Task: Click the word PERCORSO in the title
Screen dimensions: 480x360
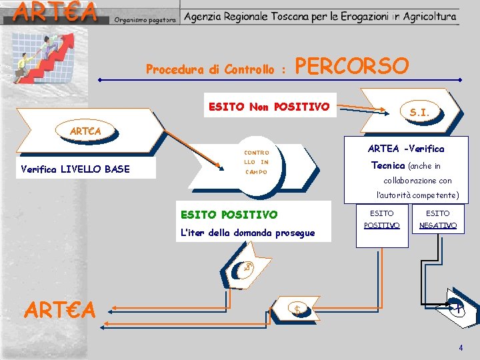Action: tap(351, 67)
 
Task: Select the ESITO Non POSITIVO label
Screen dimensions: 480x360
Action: tap(269, 106)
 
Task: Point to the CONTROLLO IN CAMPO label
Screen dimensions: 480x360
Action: tap(255, 162)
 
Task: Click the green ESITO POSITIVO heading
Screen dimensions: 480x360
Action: tap(229, 215)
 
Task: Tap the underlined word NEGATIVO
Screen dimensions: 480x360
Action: tap(438, 225)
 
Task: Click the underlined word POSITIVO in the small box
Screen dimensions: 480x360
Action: tap(382, 225)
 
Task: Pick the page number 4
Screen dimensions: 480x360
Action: tap(460, 348)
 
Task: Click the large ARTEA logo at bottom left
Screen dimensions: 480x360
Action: tap(61, 309)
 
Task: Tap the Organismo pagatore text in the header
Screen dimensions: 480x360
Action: tap(145, 20)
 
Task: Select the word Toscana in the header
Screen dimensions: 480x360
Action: tap(296, 16)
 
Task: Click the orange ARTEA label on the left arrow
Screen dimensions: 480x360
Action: tap(85, 131)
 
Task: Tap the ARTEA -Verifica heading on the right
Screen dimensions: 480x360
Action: tap(405, 149)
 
